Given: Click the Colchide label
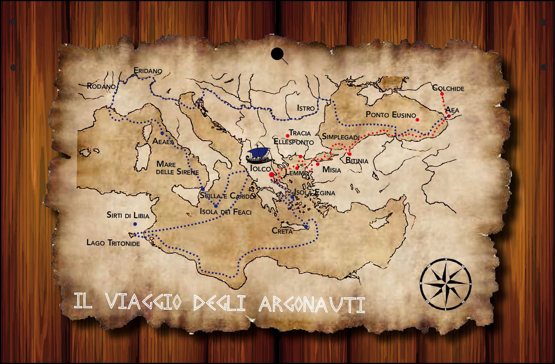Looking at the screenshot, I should (x=448, y=88).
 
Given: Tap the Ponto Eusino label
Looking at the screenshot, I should (x=391, y=114).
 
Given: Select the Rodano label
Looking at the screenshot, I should (x=101, y=86).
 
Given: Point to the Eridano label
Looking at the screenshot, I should (x=148, y=71).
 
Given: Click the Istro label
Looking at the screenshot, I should (x=306, y=108).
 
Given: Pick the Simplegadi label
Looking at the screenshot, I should (x=341, y=137).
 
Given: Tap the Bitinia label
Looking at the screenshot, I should (x=357, y=161).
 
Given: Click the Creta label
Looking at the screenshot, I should (x=282, y=231).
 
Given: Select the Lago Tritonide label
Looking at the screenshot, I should (x=113, y=243).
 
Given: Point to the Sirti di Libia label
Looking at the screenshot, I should (x=128, y=215).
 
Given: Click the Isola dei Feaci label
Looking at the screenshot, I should (x=225, y=211).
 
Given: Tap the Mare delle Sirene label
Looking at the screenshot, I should (x=177, y=167).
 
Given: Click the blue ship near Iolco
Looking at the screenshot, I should (x=258, y=156).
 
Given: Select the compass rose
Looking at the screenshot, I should (x=446, y=284).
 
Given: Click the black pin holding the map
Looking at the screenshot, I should (x=277, y=54).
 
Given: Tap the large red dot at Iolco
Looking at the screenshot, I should (x=272, y=175).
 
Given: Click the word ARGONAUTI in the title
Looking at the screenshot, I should (x=312, y=304).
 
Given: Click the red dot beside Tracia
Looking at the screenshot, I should (x=288, y=136).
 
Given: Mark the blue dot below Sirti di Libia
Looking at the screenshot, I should (x=135, y=224).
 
